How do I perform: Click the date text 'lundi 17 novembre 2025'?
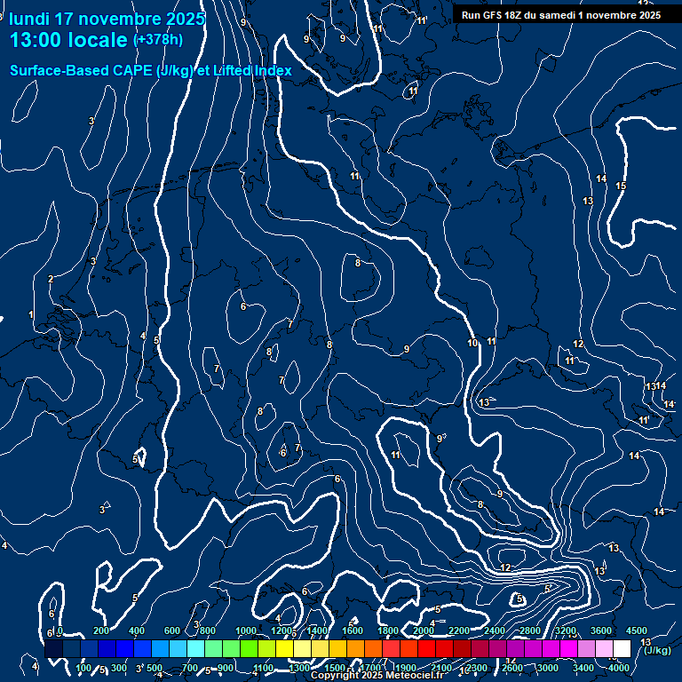click(x=107, y=19)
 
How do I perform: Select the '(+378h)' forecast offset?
click(x=158, y=40)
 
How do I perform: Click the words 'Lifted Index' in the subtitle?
click(x=252, y=70)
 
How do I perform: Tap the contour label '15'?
click(x=621, y=186)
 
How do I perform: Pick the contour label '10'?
click(x=472, y=343)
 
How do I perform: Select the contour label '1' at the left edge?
click(x=31, y=314)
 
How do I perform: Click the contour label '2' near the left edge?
click(x=51, y=279)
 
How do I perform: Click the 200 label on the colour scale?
click(x=101, y=630)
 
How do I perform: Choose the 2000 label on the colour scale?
click(x=424, y=630)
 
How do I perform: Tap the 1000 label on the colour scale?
click(x=245, y=630)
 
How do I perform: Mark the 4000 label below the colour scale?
click(x=619, y=668)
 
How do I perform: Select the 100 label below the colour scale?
click(x=84, y=668)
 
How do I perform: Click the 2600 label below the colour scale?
click(x=512, y=668)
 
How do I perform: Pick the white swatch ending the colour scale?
click(x=622, y=649)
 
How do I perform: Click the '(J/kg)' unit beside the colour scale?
click(x=657, y=651)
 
